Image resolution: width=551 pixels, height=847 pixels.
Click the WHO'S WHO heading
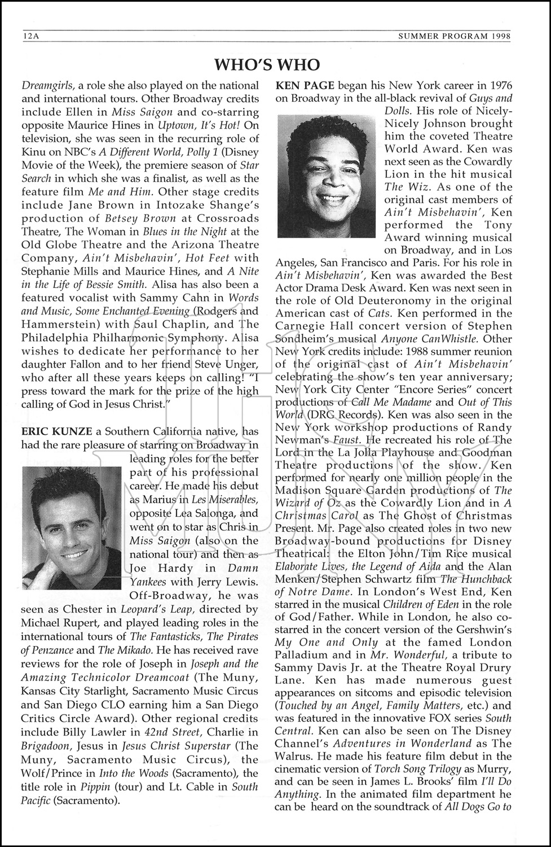coord(267,65)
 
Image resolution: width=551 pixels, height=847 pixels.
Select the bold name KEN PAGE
coord(305,85)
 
